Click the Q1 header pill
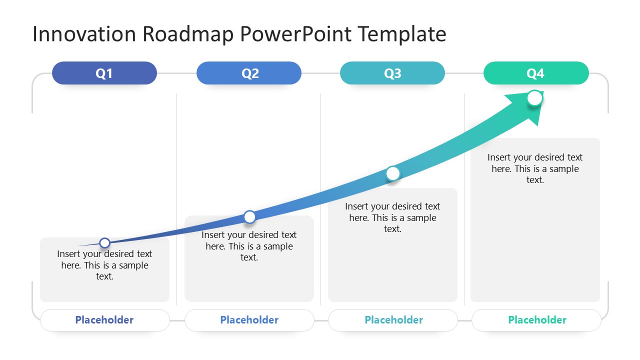coord(104,73)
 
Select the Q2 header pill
coord(249,73)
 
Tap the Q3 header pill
coord(392,73)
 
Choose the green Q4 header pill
coord(536,73)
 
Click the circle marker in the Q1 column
coord(104,243)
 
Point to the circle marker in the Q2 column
coord(249,216)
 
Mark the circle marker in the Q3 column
coord(393,173)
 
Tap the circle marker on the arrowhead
coord(534,98)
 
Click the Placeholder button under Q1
coord(104,320)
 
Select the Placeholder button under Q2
coord(249,320)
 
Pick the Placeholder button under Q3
coord(393,320)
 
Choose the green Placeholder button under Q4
coord(537,320)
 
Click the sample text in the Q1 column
coord(104,265)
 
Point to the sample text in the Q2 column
coord(249,246)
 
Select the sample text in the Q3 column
coord(392,217)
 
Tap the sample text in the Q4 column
coord(535,168)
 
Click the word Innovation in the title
coord(84,34)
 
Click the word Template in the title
coord(402,34)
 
